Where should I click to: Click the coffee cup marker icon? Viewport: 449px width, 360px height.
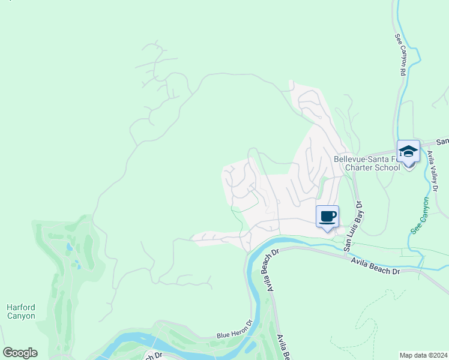tap(327, 217)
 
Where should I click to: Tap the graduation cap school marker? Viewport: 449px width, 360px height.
tap(408, 152)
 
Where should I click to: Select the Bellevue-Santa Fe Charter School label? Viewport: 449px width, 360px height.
tap(367, 164)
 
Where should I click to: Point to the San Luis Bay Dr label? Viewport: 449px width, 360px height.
tap(354, 226)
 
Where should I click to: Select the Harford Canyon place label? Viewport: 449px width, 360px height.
tap(21, 311)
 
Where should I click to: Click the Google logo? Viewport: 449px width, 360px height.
tap(20, 353)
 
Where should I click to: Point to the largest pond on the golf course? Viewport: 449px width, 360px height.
tap(68, 247)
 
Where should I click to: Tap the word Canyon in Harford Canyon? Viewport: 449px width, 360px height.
tap(21, 316)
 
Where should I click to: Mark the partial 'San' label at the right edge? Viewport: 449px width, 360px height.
tap(442, 142)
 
